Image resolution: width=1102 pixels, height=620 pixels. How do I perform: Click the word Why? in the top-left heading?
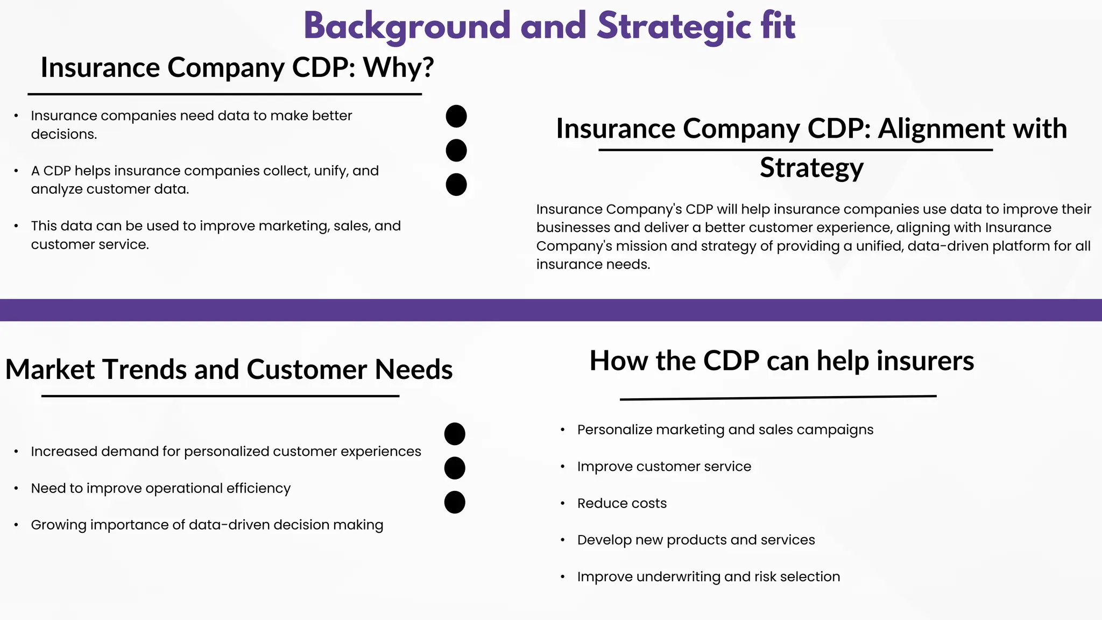tap(398, 68)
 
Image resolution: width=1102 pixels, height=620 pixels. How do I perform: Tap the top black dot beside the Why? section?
tap(456, 116)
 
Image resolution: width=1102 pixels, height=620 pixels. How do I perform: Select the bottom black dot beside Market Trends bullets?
tap(455, 502)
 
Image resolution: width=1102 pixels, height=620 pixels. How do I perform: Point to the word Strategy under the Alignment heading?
tap(811, 167)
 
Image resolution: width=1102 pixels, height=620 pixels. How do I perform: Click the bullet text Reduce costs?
tap(621, 503)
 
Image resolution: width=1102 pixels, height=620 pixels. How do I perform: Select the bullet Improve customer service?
tap(663, 467)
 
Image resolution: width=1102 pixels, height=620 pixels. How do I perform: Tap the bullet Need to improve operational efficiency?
tap(160, 488)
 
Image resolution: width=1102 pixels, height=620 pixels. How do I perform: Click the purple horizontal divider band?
tap(551, 310)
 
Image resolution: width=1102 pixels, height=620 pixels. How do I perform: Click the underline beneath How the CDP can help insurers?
tap(778, 398)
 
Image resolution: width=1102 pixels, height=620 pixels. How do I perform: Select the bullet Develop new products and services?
tap(696, 540)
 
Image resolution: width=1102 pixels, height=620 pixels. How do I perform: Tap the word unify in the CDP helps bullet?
tap(330, 171)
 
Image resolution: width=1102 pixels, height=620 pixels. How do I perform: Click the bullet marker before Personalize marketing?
tap(562, 430)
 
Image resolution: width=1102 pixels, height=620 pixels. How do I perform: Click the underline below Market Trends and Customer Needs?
tap(220, 396)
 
